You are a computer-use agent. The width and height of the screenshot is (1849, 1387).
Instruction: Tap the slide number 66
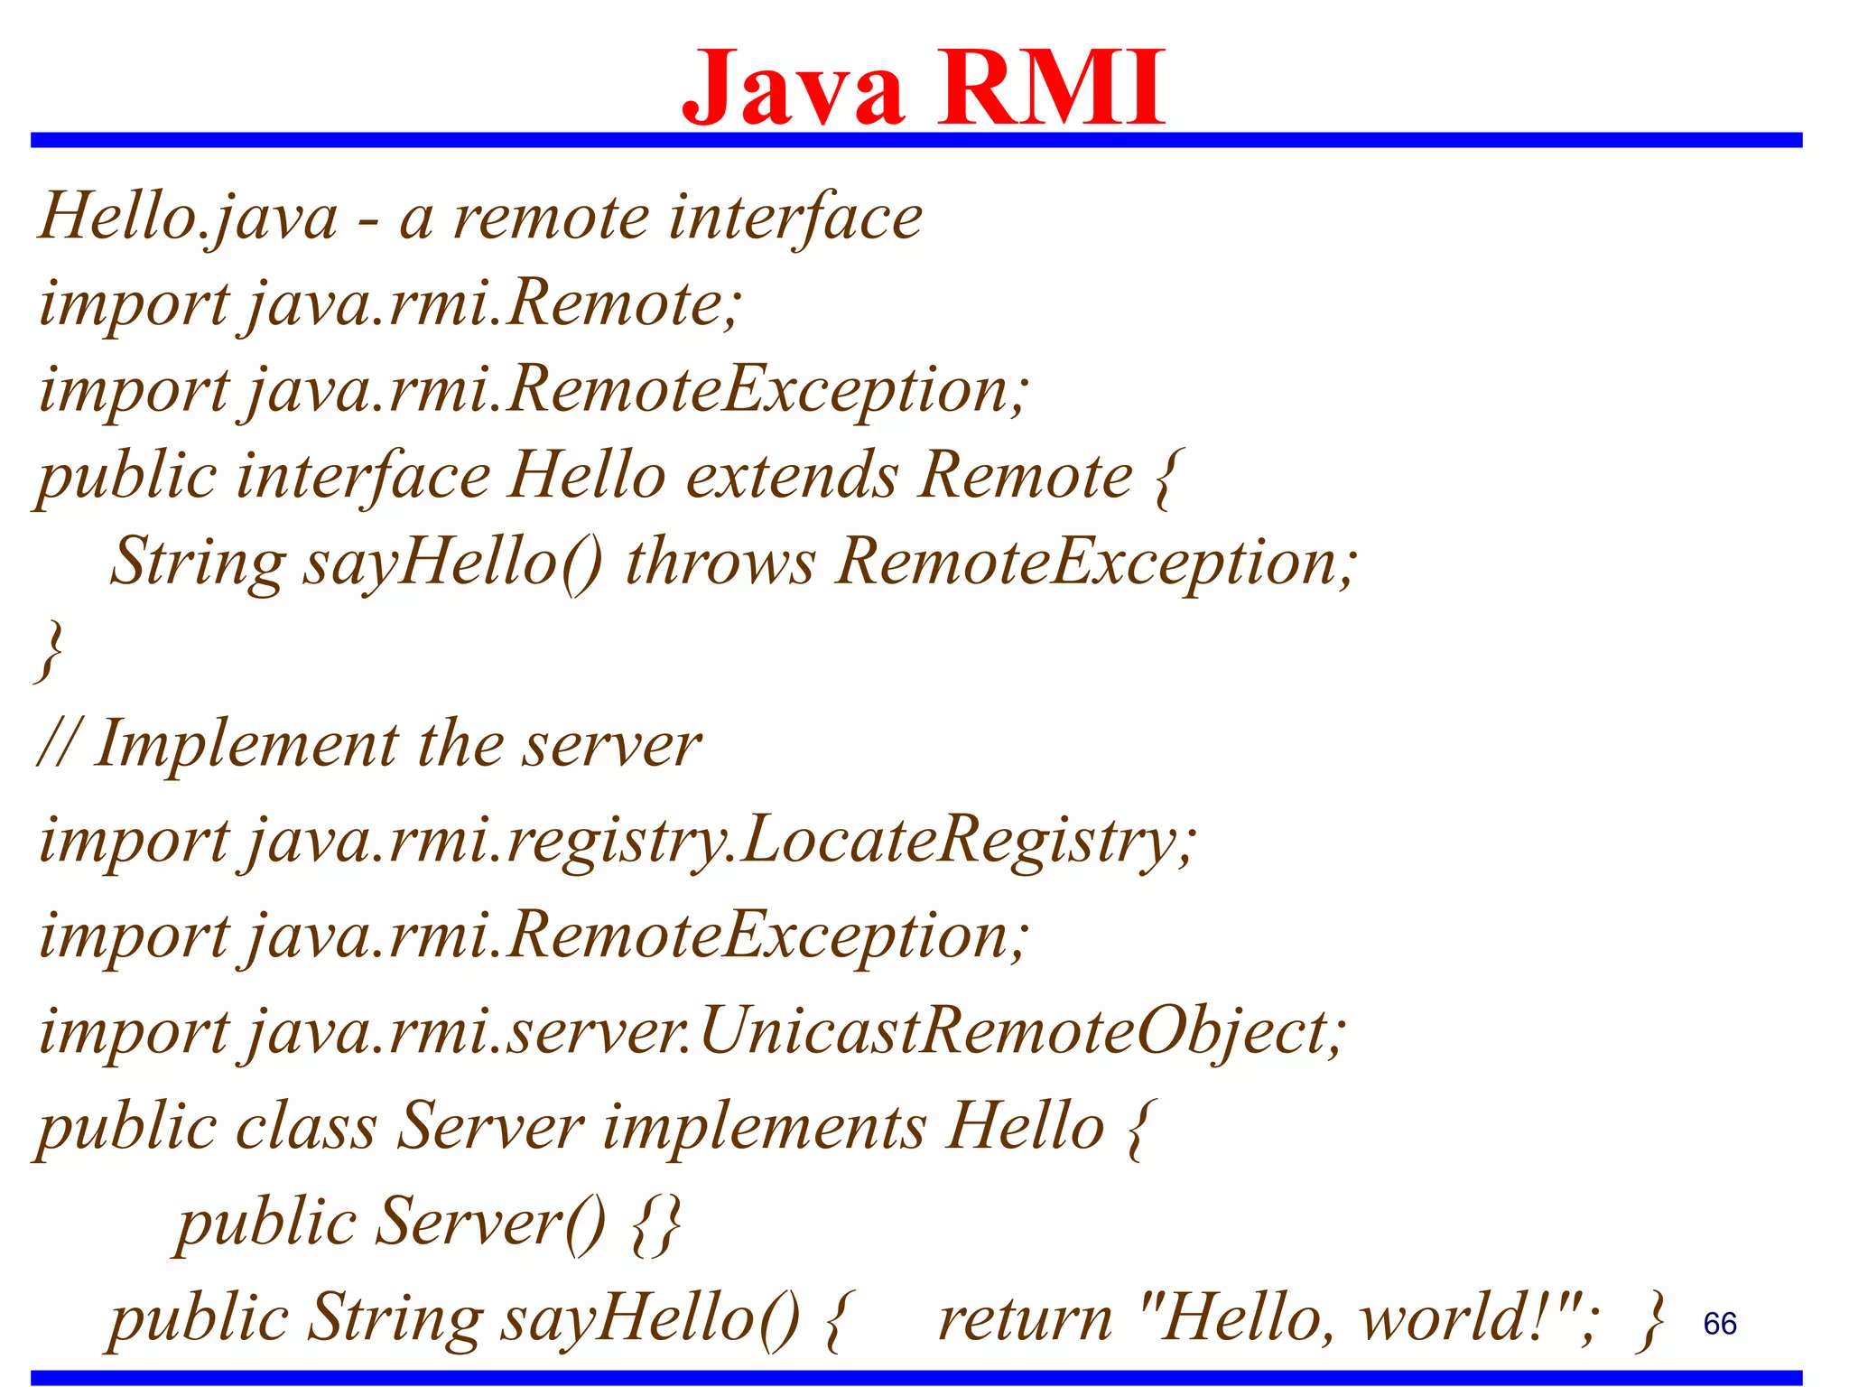pos(1719,1324)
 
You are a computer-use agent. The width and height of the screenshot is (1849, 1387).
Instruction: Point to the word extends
pos(792,476)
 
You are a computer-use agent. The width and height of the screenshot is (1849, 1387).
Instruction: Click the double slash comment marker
pos(56,746)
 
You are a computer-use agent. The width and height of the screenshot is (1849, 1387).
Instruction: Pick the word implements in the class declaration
pos(764,1128)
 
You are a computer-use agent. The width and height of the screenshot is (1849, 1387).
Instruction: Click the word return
pos(1025,1319)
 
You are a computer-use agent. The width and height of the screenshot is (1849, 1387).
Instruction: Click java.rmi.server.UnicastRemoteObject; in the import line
pos(795,1032)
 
